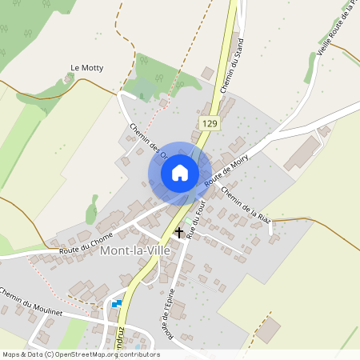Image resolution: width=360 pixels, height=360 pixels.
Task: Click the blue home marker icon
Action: click(x=179, y=172)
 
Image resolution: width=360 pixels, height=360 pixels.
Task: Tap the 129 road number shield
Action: click(x=210, y=123)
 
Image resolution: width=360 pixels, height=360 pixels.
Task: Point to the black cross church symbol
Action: click(x=178, y=233)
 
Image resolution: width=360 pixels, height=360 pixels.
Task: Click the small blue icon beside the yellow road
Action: click(x=117, y=303)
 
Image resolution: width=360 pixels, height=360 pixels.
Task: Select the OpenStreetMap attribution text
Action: click(x=81, y=354)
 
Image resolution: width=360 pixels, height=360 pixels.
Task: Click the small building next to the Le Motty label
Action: click(x=67, y=78)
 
